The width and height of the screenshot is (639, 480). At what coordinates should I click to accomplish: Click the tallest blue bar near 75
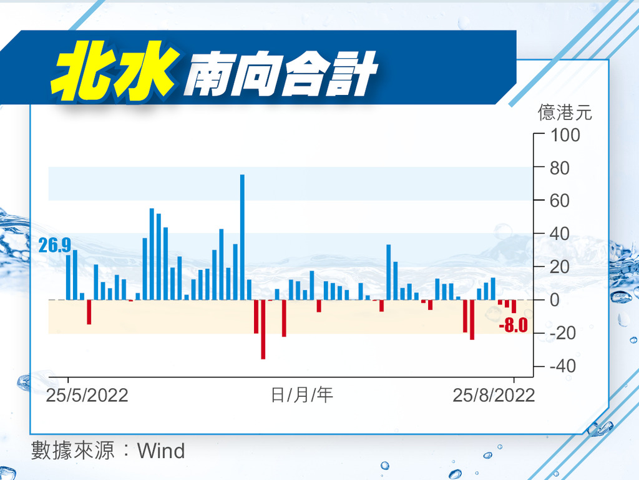coord(242,237)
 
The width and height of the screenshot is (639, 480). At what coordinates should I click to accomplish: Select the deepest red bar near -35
coord(263,329)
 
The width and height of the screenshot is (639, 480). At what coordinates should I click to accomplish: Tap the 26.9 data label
coord(55,245)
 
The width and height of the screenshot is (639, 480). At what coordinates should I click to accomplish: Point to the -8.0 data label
coord(513,325)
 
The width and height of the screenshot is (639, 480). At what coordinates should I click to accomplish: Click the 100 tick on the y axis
coord(565,135)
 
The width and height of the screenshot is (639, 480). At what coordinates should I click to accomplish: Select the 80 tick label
coord(560,168)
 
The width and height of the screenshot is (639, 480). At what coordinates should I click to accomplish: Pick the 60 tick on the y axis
coord(560,201)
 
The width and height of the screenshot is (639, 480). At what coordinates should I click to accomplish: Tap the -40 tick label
coord(563,366)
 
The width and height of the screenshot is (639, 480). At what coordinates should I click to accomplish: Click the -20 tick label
coord(563,333)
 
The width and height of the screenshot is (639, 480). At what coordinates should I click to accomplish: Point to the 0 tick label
coord(555,300)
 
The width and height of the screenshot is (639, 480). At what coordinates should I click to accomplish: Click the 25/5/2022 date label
coord(87,395)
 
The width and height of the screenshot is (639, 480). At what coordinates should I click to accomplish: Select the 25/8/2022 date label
coord(494,395)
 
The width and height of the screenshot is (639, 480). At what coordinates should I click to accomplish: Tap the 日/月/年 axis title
coord(302,395)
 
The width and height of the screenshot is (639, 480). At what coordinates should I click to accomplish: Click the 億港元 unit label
coord(565,112)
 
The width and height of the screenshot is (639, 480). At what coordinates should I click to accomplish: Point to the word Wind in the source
coord(161,451)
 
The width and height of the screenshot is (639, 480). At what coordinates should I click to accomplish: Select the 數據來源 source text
coord(73,451)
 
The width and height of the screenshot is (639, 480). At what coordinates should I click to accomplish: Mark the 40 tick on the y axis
coord(560,234)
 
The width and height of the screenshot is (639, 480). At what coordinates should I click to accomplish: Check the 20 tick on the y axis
coord(560,267)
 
